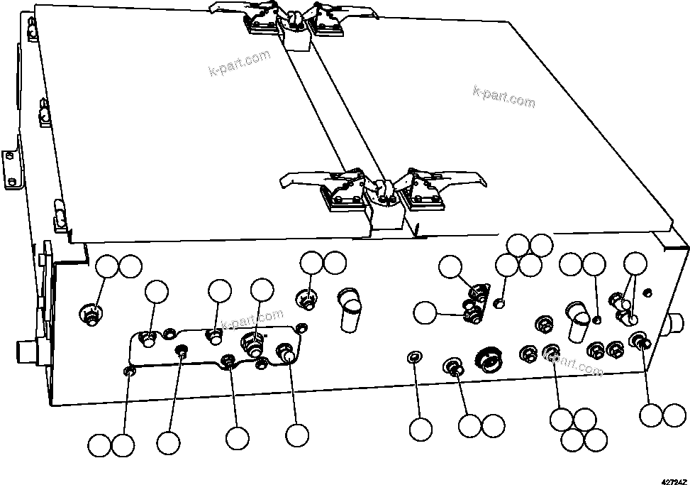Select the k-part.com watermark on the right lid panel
[x=503, y=97]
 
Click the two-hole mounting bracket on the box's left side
[x=12, y=170]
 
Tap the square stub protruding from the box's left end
[x=27, y=351]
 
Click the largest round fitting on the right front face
[x=489, y=359]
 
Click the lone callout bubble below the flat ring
[x=421, y=429]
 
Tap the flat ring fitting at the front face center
[x=414, y=355]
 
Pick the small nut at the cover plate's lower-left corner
[x=129, y=370]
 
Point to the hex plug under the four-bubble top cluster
[x=500, y=304]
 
